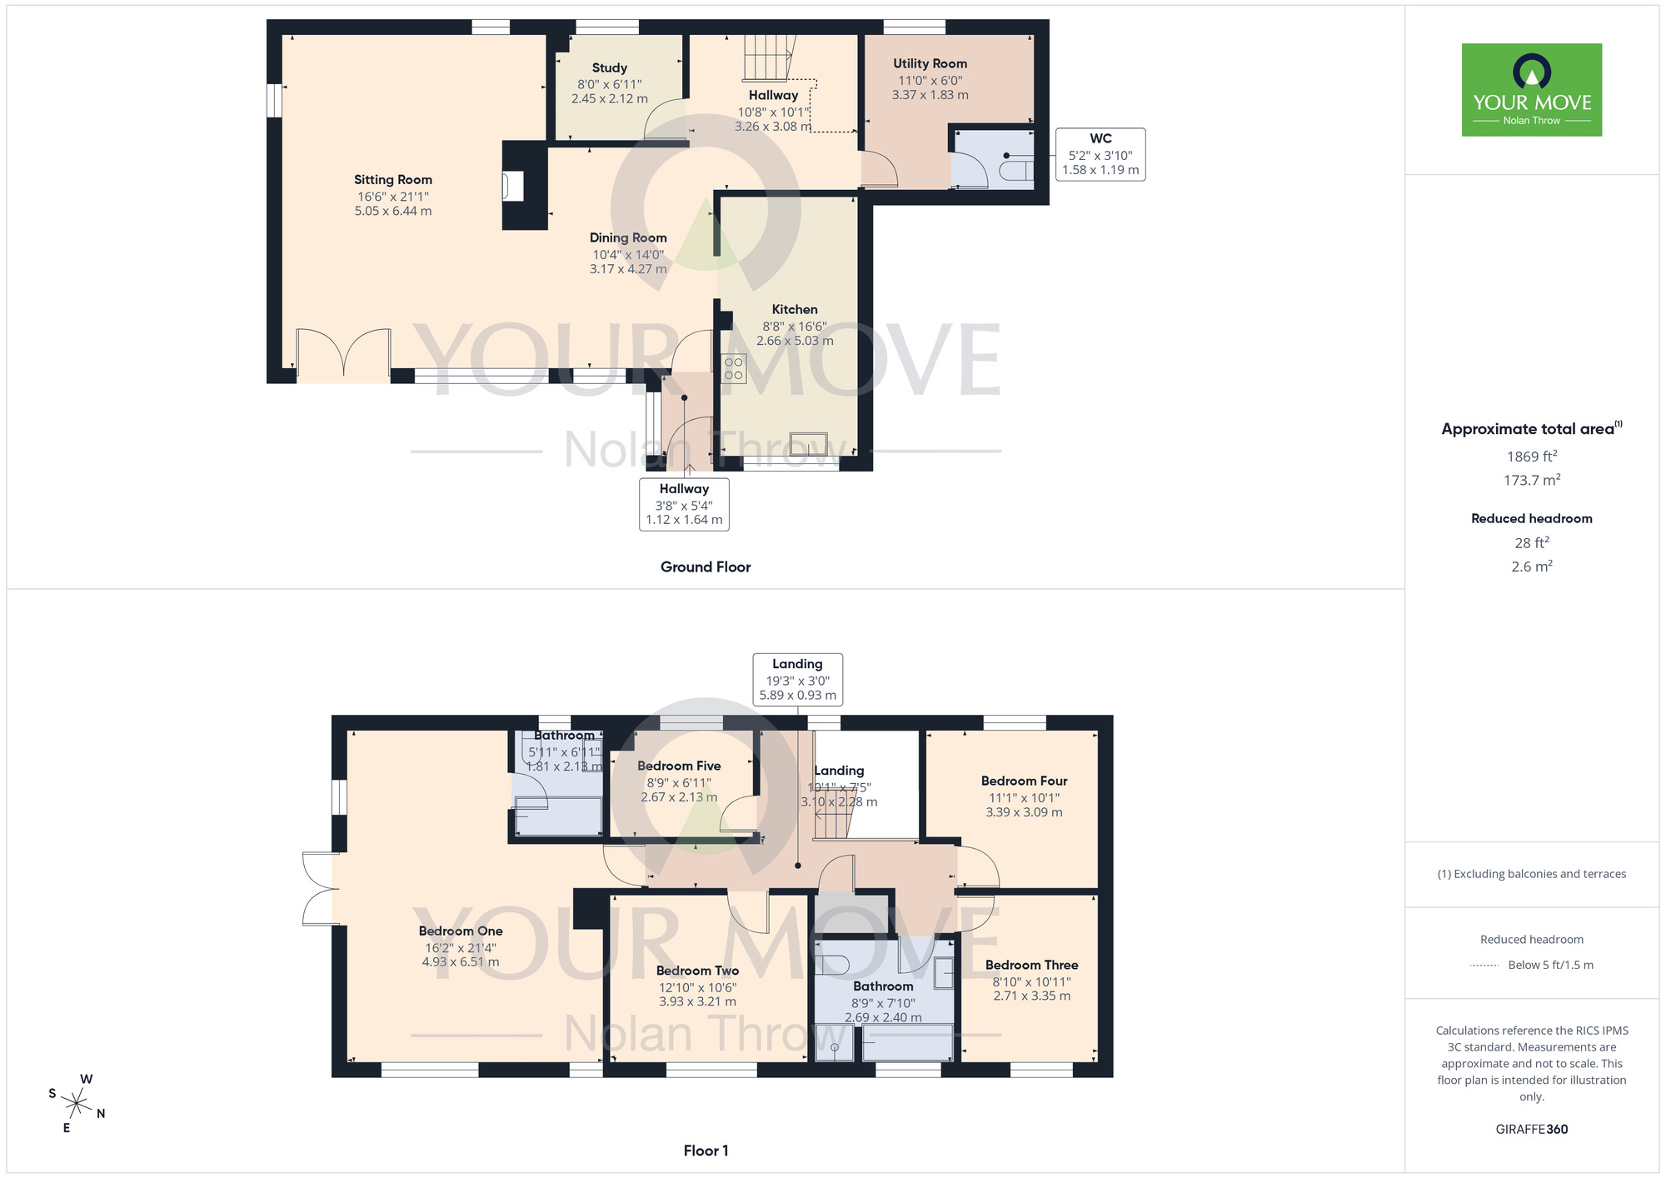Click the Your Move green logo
(x=1531, y=90)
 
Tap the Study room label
(x=609, y=68)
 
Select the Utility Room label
(x=930, y=64)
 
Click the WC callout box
(x=1100, y=154)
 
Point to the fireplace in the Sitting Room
(x=513, y=186)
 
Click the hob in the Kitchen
(x=734, y=369)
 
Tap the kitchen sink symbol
(x=808, y=442)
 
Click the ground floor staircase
(x=766, y=58)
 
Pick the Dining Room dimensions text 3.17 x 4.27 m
(x=628, y=269)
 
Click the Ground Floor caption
(x=706, y=567)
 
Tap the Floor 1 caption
(x=706, y=1151)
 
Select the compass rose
(x=77, y=1105)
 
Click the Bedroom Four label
(x=1024, y=781)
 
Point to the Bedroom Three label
(x=1031, y=966)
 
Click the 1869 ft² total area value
(x=1531, y=457)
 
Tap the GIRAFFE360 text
(x=1531, y=1130)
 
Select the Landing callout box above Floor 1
(x=797, y=680)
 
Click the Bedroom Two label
(x=697, y=971)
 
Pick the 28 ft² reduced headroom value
(x=1531, y=543)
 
